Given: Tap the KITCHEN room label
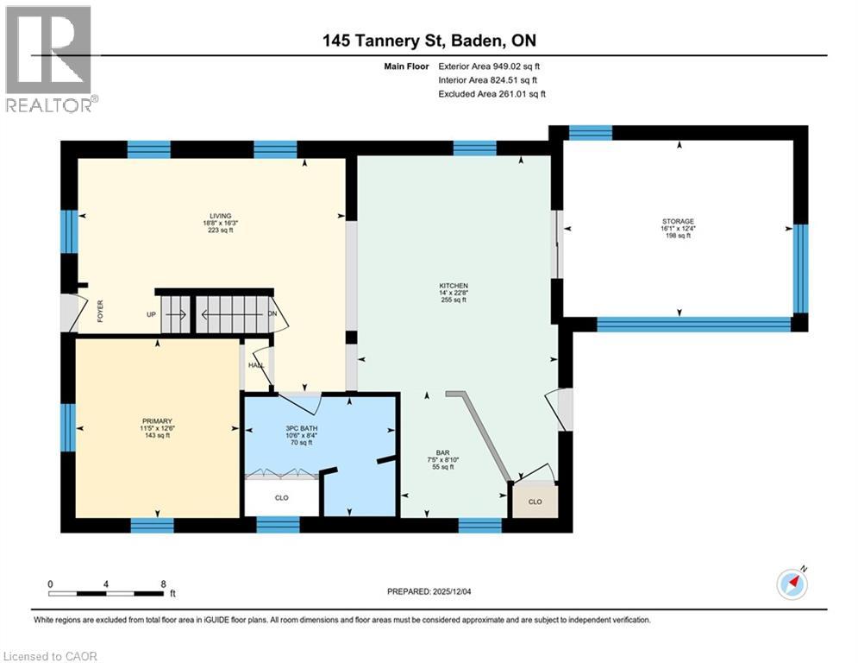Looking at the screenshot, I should coord(453,285).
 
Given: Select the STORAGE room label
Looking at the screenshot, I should coord(678,222).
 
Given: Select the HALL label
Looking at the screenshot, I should coord(256,366).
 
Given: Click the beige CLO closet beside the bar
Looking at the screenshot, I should coord(535,502).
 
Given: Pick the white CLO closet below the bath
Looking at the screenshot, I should coord(281,497).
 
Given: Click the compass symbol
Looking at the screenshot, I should coord(792,584).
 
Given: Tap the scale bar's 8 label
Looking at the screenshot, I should coord(163,583).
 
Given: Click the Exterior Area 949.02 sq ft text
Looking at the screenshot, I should coord(490,66).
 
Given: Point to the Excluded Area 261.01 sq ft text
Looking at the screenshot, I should coord(492,93).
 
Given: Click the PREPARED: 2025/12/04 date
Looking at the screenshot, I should coord(435,591).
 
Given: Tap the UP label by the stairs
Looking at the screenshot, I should coord(152,314).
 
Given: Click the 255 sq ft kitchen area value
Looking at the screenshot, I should coord(453,300).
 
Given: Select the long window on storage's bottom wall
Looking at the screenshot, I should coord(694,324).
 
